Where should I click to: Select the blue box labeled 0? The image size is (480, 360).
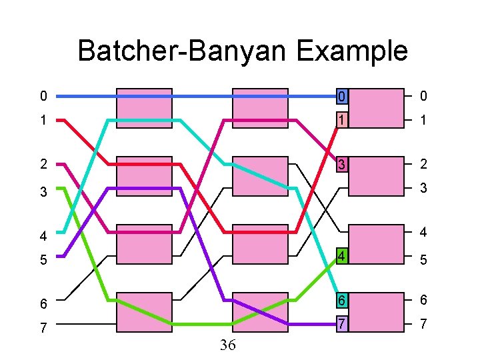pos(341,97)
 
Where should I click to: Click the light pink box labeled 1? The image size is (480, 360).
pos(341,121)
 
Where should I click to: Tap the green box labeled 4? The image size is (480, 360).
pos(341,256)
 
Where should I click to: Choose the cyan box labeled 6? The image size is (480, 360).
pos(341,301)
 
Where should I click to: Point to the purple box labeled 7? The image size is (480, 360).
pos(341,325)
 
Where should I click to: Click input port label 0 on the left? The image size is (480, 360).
pos(43,97)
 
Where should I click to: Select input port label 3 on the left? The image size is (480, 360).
pos(43,192)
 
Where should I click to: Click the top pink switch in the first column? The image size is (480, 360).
pos(144,108)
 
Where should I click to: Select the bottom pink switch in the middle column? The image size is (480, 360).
pos(259,312)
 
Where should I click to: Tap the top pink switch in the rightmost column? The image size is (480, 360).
pos(376,108)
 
